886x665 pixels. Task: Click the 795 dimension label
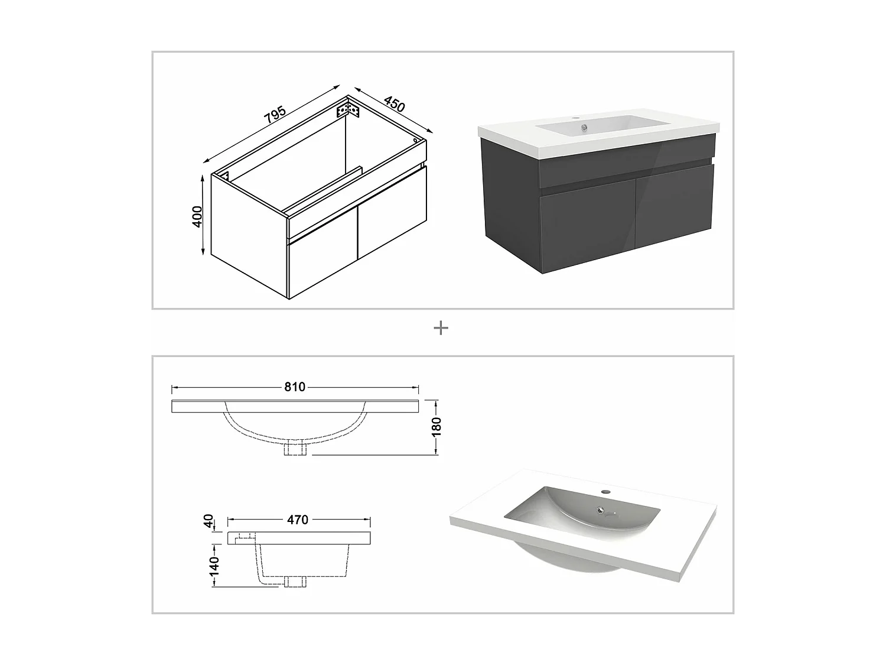(275, 115)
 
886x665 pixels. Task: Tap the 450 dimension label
(394, 104)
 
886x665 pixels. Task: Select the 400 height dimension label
(197, 217)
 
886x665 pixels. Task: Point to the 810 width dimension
(295, 387)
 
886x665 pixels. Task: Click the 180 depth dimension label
(437, 427)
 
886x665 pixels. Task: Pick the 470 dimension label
(298, 520)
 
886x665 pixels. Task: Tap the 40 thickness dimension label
(209, 521)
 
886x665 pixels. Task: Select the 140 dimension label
(214, 566)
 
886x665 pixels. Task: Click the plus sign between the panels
(441, 328)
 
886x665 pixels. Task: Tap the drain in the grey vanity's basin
(583, 128)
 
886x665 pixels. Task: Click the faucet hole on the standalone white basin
(605, 492)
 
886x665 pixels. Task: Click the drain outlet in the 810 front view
(295, 449)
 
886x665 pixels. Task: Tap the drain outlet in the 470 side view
(295, 582)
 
